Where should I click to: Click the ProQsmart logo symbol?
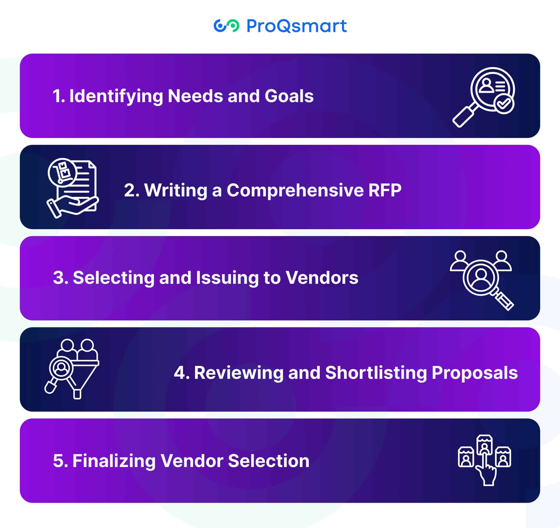pyautogui.click(x=226, y=26)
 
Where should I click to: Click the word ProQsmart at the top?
pyautogui.click(x=296, y=26)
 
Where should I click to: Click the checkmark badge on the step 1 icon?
pyautogui.click(x=504, y=104)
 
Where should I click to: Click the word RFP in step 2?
pyautogui.click(x=385, y=190)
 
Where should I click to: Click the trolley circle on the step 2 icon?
pyautogui.click(x=62, y=173)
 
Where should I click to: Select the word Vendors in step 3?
pyautogui.click(x=322, y=278)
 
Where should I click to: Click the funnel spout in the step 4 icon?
pyautogui.click(x=77, y=394)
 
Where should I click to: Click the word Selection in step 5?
pyautogui.click(x=269, y=461)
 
